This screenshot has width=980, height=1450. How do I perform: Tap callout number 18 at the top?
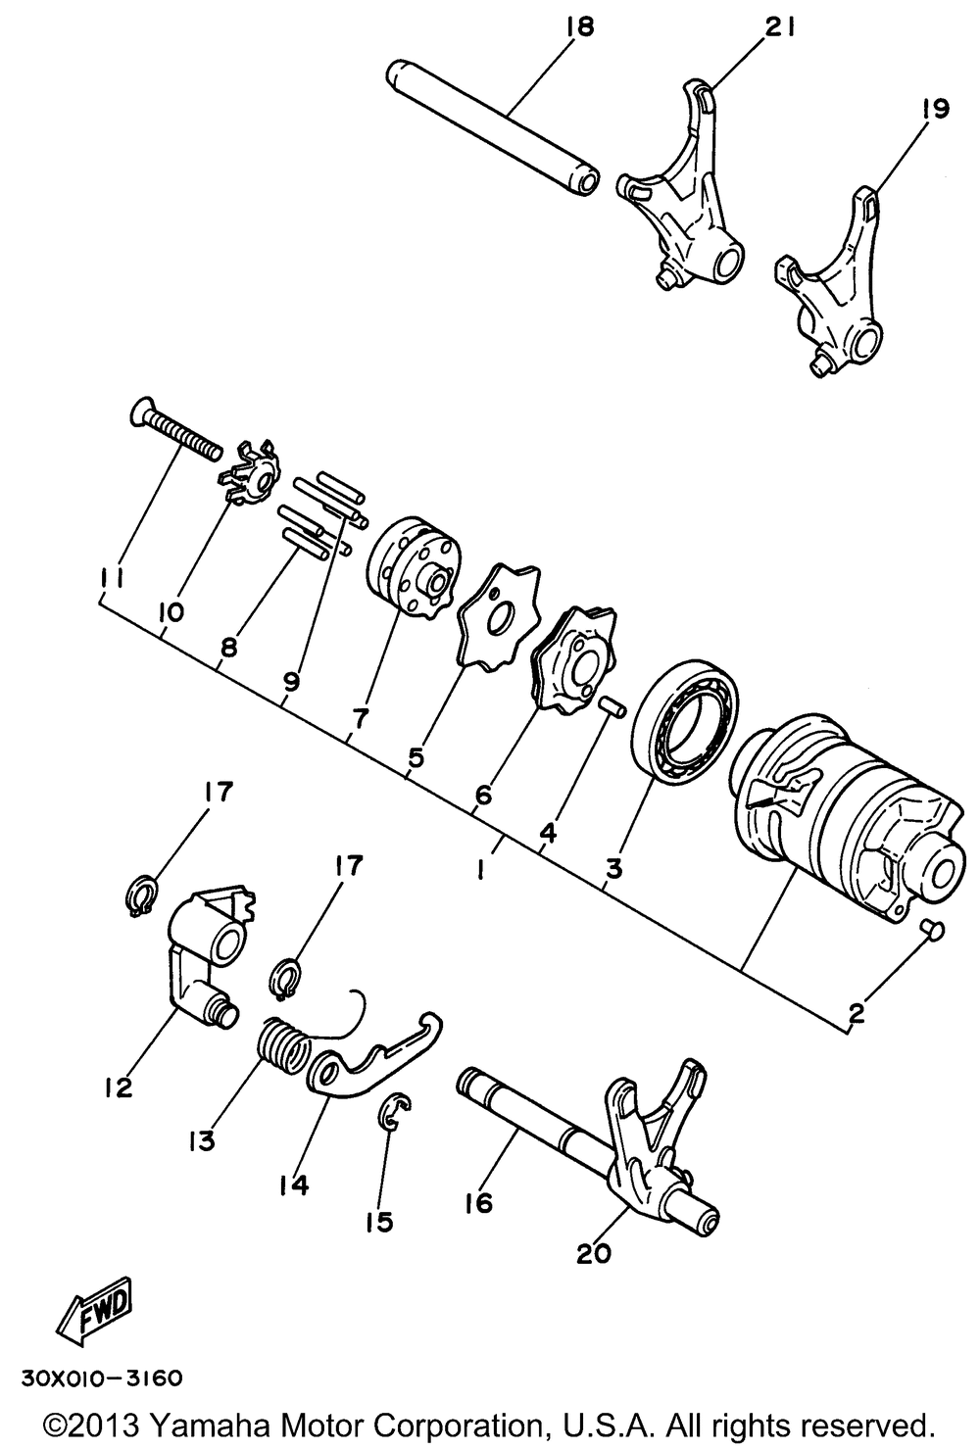tap(578, 27)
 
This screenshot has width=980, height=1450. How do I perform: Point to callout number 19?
tap(934, 109)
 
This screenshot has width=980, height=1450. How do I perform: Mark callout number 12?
tap(120, 1086)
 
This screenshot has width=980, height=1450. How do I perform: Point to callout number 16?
tap(479, 1202)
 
